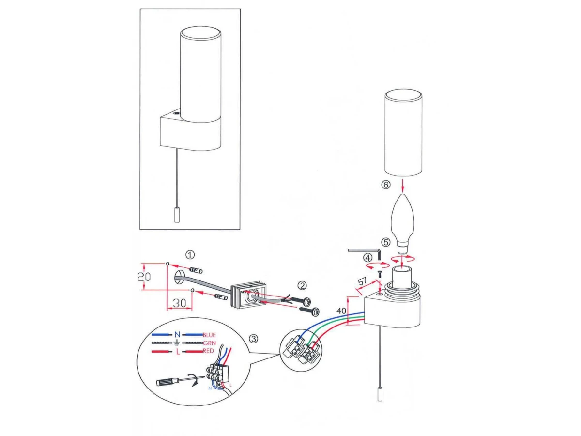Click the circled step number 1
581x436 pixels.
190,255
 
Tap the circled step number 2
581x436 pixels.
302,285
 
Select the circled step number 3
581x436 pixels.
254,339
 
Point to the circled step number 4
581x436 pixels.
367,257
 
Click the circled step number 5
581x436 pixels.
386,242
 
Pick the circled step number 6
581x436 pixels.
386,185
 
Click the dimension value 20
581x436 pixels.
144,277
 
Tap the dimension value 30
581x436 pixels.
179,303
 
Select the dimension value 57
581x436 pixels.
362,281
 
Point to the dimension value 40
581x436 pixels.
341,311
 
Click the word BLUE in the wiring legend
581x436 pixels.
209,335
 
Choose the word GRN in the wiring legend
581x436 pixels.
209,343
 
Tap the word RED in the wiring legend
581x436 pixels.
208,351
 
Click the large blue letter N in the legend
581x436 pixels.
177,335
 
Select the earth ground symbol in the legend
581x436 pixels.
177,343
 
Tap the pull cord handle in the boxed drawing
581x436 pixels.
177,215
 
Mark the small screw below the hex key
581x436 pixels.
379,275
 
